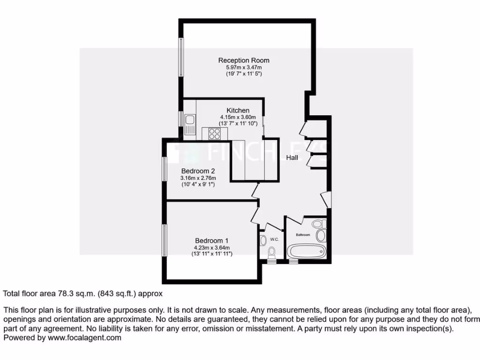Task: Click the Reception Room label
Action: point(244,60)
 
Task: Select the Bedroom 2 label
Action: point(198,171)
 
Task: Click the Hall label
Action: point(292,158)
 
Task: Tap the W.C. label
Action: point(275,240)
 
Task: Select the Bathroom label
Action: point(303,234)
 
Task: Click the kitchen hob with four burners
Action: point(215,134)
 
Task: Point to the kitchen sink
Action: point(190,124)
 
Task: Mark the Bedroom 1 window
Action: point(165,240)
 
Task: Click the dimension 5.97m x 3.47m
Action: point(244,67)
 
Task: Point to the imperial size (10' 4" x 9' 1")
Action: point(198,185)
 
